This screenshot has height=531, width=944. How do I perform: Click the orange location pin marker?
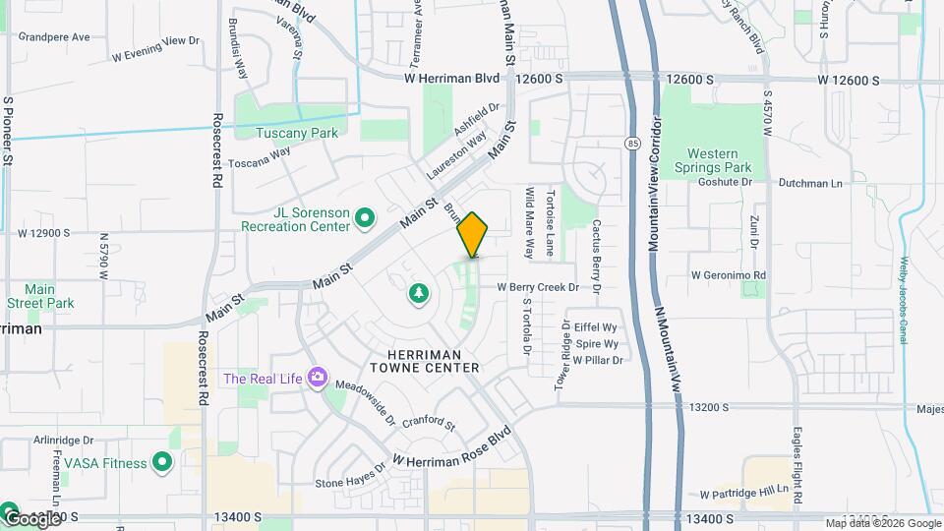click(x=473, y=235)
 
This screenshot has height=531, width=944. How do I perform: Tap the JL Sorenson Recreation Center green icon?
click(x=366, y=217)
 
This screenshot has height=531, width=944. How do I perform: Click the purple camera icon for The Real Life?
click(x=317, y=378)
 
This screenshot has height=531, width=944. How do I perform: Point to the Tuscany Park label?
click(x=296, y=133)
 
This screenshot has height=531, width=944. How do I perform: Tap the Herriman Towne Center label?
click(x=424, y=360)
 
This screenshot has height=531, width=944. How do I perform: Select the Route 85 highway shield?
click(x=631, y=145)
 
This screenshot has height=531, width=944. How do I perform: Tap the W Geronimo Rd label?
click(x=728, y=275)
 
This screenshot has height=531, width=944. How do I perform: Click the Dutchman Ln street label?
click(x=810, y=183)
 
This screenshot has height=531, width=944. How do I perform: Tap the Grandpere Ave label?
click(x=53, y=37)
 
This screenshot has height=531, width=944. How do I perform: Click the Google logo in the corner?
click(x=31, y=517)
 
